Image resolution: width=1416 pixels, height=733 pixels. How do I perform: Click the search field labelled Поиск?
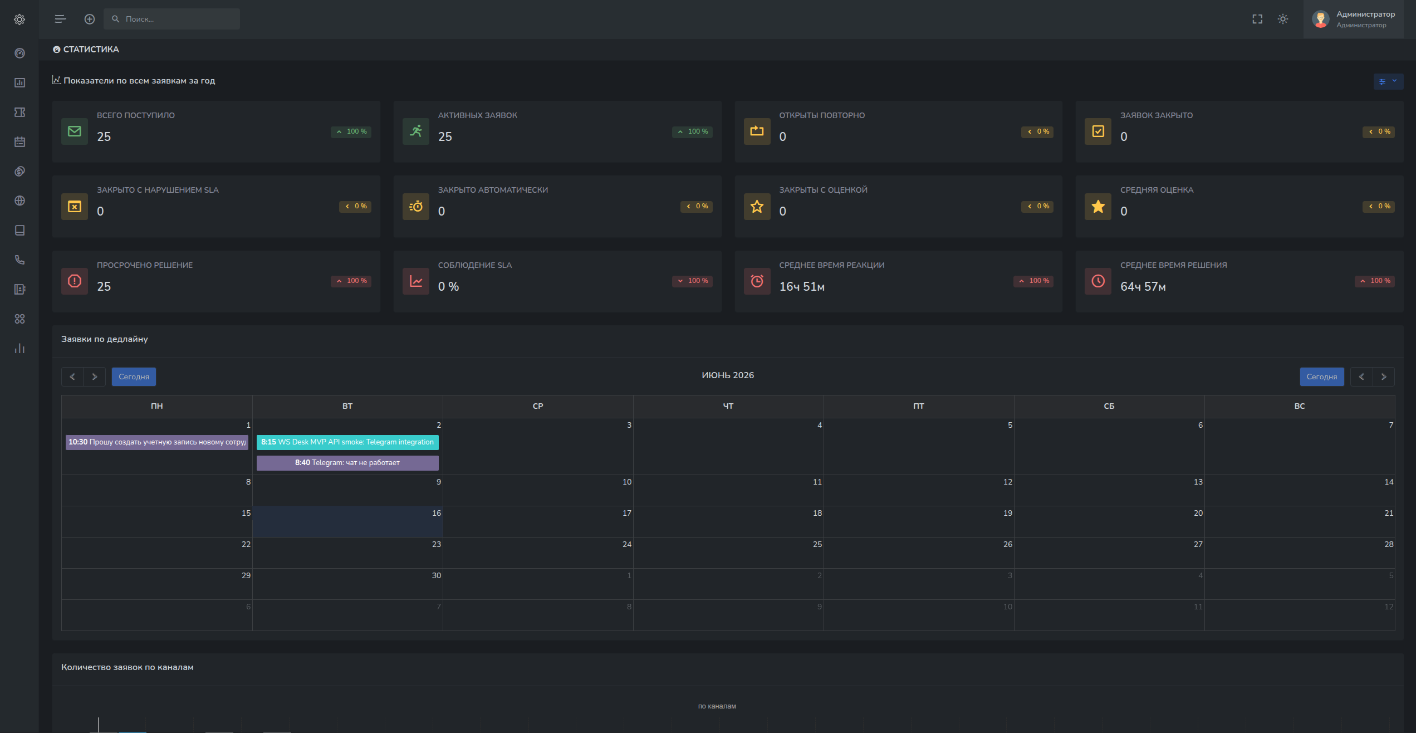pyautogui.click(x=172, y=19)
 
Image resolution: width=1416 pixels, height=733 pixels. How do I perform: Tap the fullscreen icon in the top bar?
pyautogui.click(x=1257, y=19)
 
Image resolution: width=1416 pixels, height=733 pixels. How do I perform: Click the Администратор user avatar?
pyautogui.click(x=1321, y=19)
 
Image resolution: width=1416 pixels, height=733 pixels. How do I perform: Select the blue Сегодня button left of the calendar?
pyautogui.click(x=134, y=377)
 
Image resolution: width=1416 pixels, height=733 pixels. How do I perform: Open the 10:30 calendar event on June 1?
pyautogui.click(x=156, y=442)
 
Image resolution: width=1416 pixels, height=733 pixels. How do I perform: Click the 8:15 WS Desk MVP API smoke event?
pyautogui.click(x=347, y=442)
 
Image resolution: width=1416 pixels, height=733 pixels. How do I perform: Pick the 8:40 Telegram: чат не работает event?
pyautogui.click(x=347, y=463)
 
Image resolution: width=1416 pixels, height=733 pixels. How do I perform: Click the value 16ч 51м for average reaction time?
pyautogui.click(x=802, y=286)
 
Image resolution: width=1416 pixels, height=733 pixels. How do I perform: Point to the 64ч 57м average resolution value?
pyautogui.click(x=1143, y=286)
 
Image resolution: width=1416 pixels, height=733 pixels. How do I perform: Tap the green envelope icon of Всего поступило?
pyautogui.click(x=75, y=131)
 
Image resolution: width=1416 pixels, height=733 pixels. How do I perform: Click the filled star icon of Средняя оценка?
pyautogui.click(x=1098, y=207)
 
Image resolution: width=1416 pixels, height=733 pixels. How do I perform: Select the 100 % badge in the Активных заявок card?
pyautogui.click(x=692, y=132)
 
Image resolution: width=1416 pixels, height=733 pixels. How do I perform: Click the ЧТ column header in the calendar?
pyautogui.click(x=728, y=406)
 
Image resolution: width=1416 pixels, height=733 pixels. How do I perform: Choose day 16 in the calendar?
pyautogui.click(x=347, y=521)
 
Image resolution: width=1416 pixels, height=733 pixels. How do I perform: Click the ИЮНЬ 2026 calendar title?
pyautogui.click(x=728, y=375)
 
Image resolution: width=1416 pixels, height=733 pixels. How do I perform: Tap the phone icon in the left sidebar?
pyautogui.click(x=19, y=260)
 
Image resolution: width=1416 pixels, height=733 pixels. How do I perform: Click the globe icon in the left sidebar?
pyautogui.click(x=19, y=201)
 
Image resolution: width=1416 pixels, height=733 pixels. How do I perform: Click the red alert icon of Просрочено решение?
pyautogui.click(x=75, y=281)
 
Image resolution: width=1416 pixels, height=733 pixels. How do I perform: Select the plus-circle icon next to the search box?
pyautogui.click(x=90, y=19)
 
